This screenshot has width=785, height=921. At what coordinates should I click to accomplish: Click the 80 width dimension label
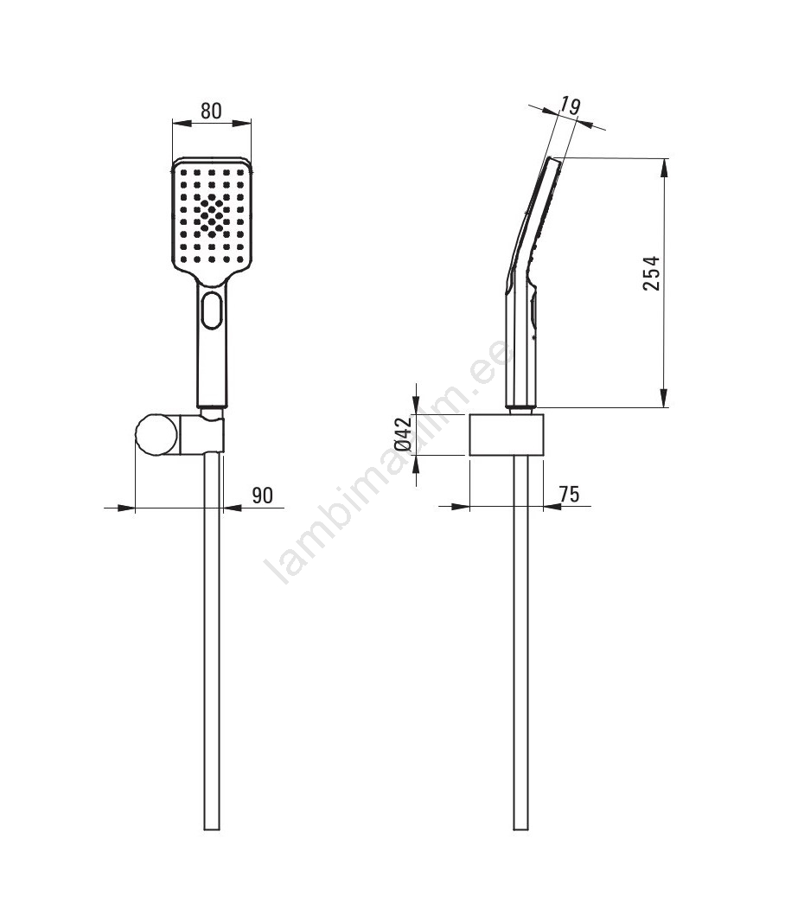[x=211, y=111]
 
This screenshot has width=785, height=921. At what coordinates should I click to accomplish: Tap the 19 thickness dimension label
[x=570, y=106]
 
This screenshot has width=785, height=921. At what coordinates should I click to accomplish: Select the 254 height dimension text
[x=651, y=273]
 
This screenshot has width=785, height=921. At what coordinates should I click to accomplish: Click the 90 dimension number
[x=263, y=496]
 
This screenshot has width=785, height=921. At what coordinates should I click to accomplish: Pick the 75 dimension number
[x=569, y=494]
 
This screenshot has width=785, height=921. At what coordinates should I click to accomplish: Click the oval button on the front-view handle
[x=211, y=310]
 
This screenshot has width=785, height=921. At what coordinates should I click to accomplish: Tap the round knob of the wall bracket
[x=156, y=435]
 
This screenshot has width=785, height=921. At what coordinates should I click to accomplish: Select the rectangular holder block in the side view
[x=507, y=435]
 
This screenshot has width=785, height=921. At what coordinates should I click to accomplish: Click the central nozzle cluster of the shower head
[x=211, y=214]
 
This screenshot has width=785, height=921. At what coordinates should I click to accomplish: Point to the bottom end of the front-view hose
[x=211, y=828]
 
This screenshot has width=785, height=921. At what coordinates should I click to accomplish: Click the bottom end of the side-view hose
[x=520, y=828]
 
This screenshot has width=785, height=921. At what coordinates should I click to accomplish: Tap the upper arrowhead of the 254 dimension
[x=664, y=168]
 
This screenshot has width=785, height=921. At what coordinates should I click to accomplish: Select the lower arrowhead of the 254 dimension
[x=664, y=397]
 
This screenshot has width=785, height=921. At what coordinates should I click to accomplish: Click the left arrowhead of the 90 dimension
[x=125, y=508]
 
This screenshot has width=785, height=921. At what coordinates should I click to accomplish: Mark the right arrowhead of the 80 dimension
[x=241, y=123]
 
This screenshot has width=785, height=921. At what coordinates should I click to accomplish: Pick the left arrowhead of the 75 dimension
[x=460, y=506]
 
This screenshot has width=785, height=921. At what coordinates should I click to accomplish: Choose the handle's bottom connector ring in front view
[x=211, y=406]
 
